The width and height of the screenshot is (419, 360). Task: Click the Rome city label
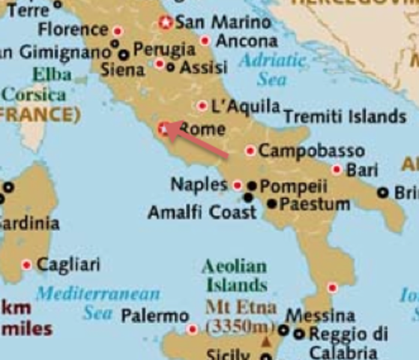coord(202,129)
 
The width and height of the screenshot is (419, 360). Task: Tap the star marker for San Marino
coord(166,23)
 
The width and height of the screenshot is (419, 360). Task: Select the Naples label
coord(199,184)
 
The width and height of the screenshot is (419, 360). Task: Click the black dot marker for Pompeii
coord(252,185)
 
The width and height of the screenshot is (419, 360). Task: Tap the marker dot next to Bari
coord(337,170)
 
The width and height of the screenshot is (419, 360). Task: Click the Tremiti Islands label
coord(344,116)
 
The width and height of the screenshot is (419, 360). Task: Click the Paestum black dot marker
coord(272,203)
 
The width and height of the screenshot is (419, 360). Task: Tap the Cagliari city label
coord(68,264)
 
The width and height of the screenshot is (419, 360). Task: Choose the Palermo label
coord(154,316)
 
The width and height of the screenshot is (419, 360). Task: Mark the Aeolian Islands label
coord(235,275)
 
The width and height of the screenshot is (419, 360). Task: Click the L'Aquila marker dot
coord(202,106)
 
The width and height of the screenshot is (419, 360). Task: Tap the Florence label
coord(73,30)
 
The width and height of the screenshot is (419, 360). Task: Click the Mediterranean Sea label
coord(98,302)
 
